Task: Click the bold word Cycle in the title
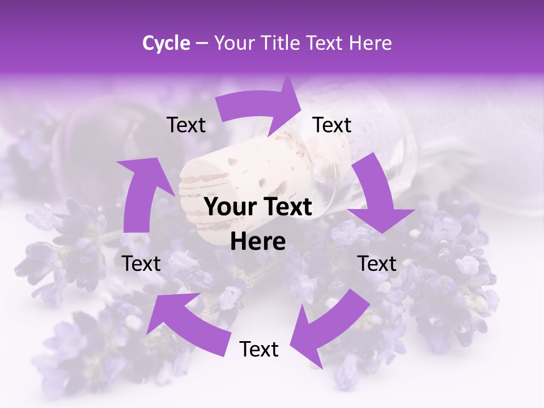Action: pyautogui.click(x=166, y=43)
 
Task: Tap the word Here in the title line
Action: pyautogui.click(x=371, y=43)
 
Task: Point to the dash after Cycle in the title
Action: pyautogui.click(x=202, y=43)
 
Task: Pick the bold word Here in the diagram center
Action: pyautogui.click(x=258, y=242)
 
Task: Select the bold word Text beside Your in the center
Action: pyautogui.click(x=287, y=207)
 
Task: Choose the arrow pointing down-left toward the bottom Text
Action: pyautogui.click(x=331, y=326)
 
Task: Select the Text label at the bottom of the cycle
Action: pyautogui.click(x=259, y=350)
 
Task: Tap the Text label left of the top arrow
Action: pyautogui.click(x=186, y=125)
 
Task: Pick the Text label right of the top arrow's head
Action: pyautogui.click(x=333, y=125)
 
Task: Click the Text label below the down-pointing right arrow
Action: pyautogui.click(x=377, y=263)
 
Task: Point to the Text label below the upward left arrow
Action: pyautogui.click(x=141, y=263)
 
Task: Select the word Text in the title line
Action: pyautogui.click(x=329, y=43)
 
